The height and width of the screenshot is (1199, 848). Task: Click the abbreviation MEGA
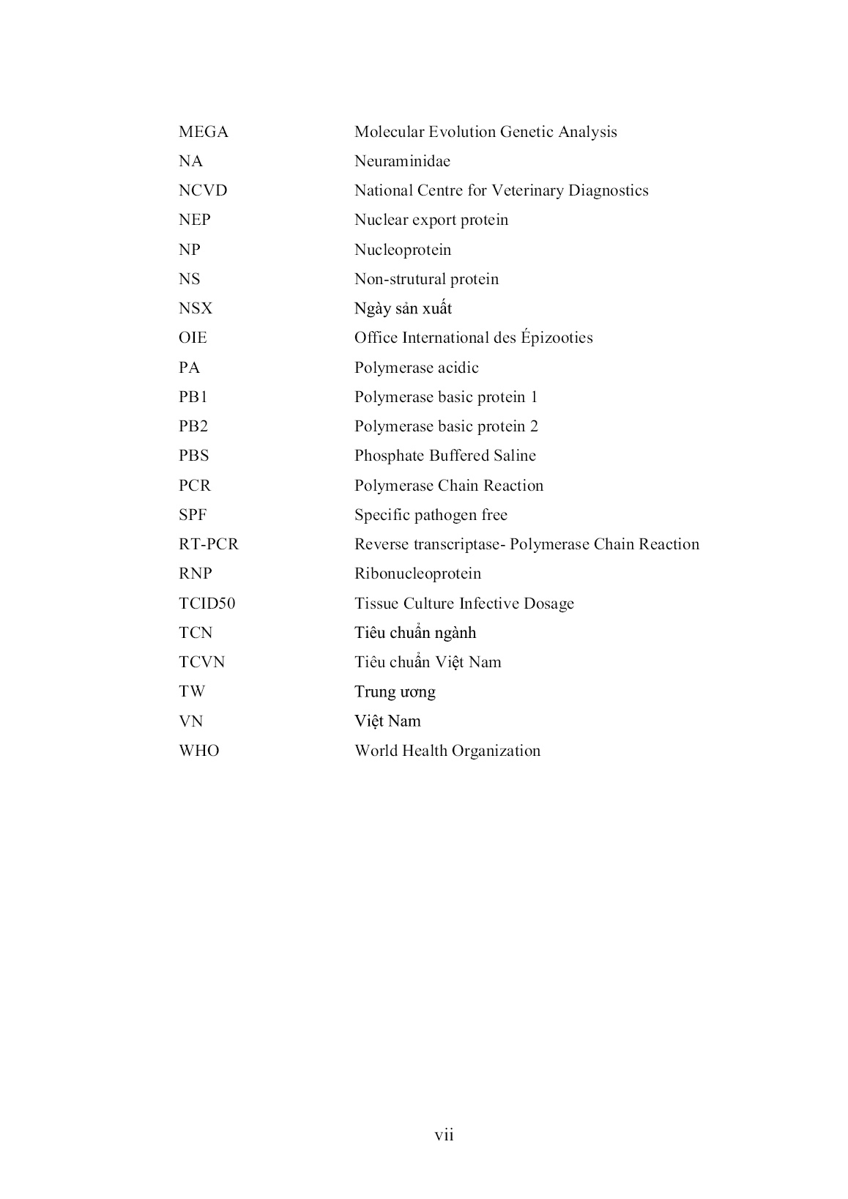(x=204, y=132)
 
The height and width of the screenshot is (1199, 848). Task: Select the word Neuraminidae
(x=402, y=161)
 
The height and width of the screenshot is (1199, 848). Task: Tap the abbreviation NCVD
(x=203, y=190)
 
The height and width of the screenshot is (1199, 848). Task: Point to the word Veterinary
(x=525, y=190)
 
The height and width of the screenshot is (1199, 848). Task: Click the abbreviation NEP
(x=194, y=220)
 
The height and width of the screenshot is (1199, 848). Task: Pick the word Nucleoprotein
(x=403, y=250)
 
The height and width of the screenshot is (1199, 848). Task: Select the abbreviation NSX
(x=196, y=308)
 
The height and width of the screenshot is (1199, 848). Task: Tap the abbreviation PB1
(x=193, y=397)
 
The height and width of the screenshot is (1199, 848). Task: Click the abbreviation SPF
(x=193, y=515)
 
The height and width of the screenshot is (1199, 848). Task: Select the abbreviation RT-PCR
(x=209, y=544)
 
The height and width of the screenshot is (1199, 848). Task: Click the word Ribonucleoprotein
(x=417, y=573)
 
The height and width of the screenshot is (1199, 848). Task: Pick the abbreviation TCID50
(x=207, y=604)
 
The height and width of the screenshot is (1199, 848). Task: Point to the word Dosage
(x=548, y=604)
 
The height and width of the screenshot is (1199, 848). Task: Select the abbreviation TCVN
(x=202, y=662)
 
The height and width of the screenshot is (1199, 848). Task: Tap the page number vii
(x=444, y=1135)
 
